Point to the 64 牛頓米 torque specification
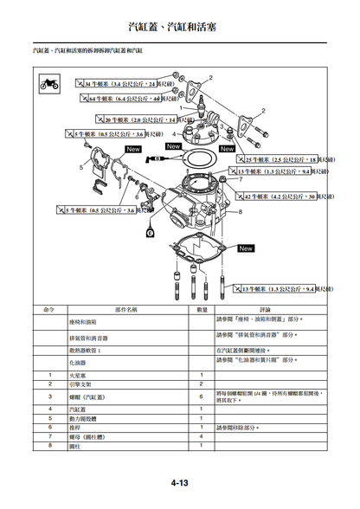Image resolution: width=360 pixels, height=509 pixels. click(126, 99)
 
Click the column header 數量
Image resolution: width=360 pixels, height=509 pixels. click(202, 309)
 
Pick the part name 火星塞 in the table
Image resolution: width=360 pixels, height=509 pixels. click(78, 375)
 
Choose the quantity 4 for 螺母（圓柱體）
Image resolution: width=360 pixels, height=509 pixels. click(202, 436)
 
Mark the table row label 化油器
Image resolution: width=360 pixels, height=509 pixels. click(78, 364)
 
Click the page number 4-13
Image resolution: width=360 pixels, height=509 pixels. click(179, 482)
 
